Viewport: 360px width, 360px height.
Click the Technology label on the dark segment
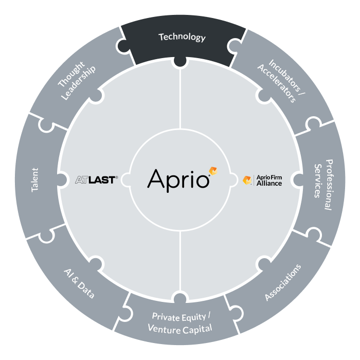[182, 37]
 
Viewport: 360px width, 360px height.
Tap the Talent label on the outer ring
[35, 180]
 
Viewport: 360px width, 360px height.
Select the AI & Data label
[79, 284]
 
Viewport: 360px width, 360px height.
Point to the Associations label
[283, 282]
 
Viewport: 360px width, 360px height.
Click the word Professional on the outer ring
[329, 185]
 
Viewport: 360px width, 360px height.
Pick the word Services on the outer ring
[317, 181]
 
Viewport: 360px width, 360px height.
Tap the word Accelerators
[277, 83]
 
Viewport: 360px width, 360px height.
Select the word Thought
[71, 74]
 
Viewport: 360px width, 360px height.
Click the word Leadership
[79, 83]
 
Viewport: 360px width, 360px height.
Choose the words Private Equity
[179, 317]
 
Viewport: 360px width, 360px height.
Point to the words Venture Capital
[180, 329]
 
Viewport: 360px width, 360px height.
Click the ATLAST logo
[97, 180]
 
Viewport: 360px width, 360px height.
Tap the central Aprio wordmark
[178, 181]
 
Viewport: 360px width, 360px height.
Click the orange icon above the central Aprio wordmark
[213, 171]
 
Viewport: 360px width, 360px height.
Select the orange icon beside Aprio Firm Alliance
[247, 180]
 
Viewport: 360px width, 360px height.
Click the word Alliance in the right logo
[269, 184]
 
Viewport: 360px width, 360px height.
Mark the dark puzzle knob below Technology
[180, 62]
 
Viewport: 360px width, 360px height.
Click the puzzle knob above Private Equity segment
[180, 297]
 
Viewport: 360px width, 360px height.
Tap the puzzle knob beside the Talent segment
[62, 180]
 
